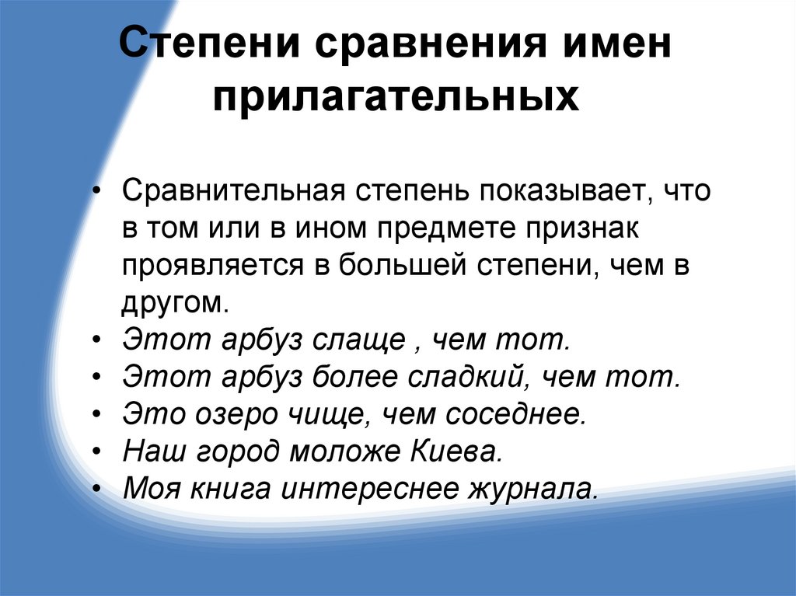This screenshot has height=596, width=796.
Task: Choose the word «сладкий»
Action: pos(463,377)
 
